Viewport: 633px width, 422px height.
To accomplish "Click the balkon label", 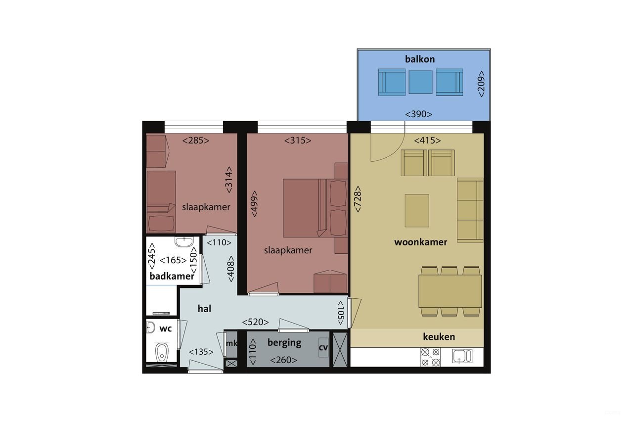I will pyautogui.click(x=420, y=59).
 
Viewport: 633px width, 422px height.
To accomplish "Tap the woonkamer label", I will pyautogui.click(x=420, y=242).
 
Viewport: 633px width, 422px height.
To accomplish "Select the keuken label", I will pyautogui.click(x=439, y=337).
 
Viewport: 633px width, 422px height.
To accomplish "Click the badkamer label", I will pyautogui.click(x=172, y=277).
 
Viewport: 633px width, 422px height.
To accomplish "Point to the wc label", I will pyautogui.click(x=165, y=328).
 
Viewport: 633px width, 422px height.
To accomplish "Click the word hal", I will pyautogui.click(x=204, y=309).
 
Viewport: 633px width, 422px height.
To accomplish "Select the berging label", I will pyautogui.click(x=284, y=342).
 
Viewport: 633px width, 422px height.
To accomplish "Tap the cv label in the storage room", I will pyautogui.click(x=323, y=347).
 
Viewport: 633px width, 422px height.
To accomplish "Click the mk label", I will pyautogui.click(x=231, y=343).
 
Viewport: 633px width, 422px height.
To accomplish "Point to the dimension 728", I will pyautogui.click(x=358, y=199).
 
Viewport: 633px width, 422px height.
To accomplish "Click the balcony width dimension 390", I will pyautogui.click(x=418, y=114).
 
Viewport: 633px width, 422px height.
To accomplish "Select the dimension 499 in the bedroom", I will pyautogui.click(x=254, y=204).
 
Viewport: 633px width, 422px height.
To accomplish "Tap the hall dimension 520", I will pyautogui.click(x=255, y=323).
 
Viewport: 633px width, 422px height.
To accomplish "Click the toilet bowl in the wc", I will pyautogui.click(x=161, y=353).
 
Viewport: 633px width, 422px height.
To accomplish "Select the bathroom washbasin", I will pyautogui.click(x=184, y=242).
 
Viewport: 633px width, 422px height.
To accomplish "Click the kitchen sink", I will pyautogui.click(x=462, y=356).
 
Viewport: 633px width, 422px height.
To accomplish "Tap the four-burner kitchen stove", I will pyautogui.click(x=430, y=357).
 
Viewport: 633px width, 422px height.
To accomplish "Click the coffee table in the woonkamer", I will pyautogui.click(x=417, y=210).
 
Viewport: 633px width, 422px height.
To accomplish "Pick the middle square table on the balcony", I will pyautogui.click(x=420, y=82).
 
